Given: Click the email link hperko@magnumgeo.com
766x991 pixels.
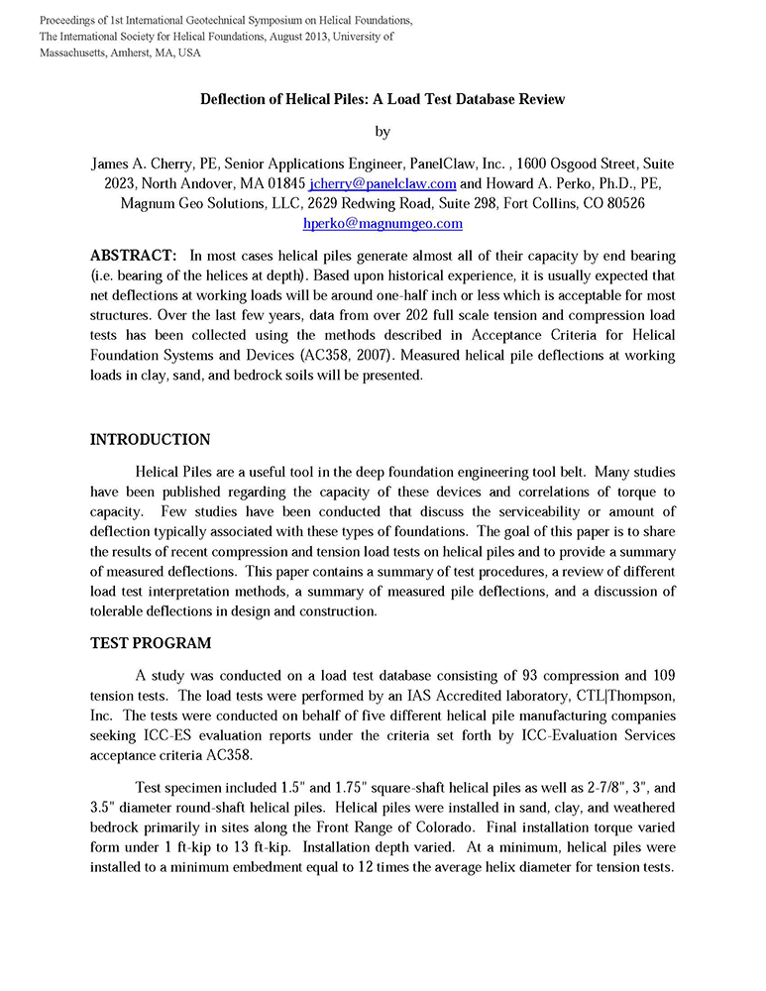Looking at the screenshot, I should point(383,223).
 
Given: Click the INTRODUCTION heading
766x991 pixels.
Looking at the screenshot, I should point(151,440).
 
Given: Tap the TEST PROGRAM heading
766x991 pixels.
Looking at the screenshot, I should point(151,643).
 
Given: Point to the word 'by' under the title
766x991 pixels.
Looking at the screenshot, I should point(383,132).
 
